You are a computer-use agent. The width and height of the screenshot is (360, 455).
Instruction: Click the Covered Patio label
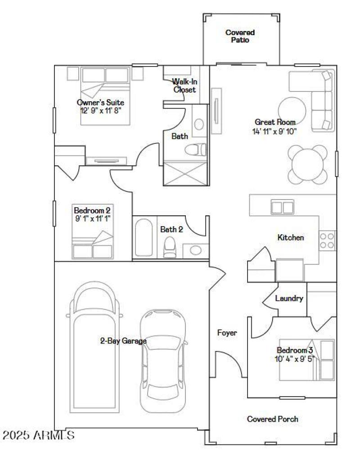pos(240,36)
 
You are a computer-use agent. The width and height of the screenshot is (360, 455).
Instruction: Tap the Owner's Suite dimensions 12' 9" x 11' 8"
pos(101,110)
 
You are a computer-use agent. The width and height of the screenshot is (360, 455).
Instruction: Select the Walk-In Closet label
pos(184,85)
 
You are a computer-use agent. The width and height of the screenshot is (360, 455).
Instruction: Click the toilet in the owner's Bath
pos(198,149)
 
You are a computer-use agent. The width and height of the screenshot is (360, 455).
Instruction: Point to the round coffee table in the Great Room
pos(292,110)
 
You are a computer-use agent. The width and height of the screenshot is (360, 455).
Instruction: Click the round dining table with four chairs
pos(308,164)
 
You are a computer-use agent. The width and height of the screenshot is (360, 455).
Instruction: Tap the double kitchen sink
pos(282,207)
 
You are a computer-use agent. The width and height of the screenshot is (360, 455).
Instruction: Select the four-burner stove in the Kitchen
pos(327,241)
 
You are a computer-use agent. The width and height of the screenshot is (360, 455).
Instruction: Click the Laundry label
pos(289,299)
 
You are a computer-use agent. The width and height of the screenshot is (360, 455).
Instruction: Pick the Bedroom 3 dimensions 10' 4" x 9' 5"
pos(295,359)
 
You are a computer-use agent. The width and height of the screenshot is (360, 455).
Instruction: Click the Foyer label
pos(227,333)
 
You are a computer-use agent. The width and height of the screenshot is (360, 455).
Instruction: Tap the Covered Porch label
pos(273,419)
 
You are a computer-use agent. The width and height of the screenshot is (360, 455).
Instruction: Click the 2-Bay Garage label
pos(123,341)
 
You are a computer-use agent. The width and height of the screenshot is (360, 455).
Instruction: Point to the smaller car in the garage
pos(162,360)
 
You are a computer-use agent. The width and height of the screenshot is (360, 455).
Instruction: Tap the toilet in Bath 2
pos(170,247)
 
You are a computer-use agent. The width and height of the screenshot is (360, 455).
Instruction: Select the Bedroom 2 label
pos(92,210)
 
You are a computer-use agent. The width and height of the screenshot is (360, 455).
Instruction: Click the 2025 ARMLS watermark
pos(38,435)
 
